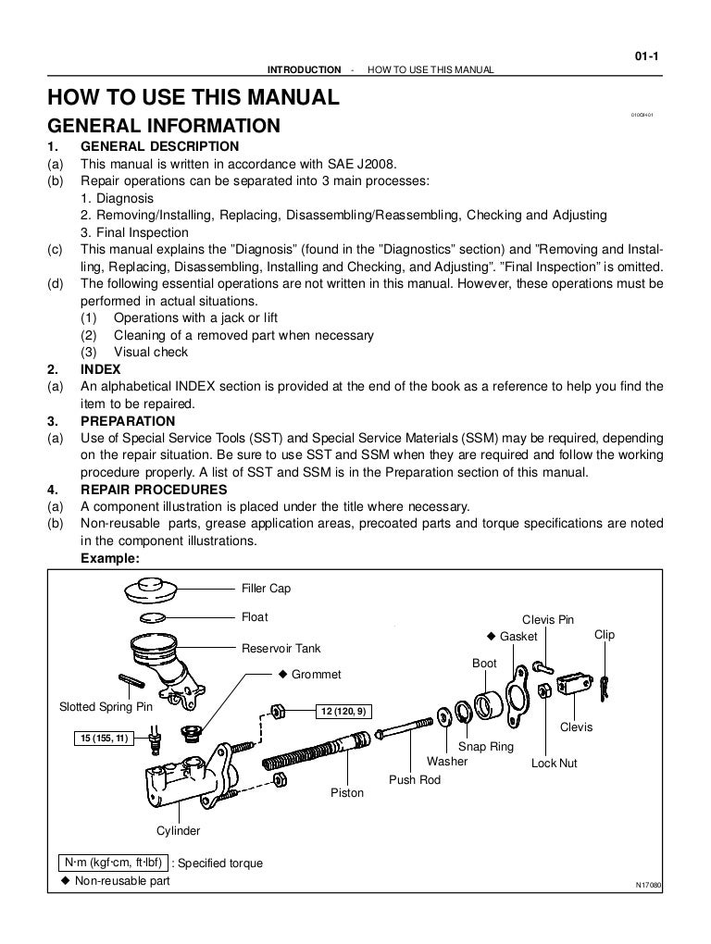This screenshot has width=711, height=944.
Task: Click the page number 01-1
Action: [646, 56]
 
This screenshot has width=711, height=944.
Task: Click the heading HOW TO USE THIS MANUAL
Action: [193, 97]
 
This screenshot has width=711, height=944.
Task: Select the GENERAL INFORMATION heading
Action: [164, 125]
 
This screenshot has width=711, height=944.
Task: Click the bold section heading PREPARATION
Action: [128, 421]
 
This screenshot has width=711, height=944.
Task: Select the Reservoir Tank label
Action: [281, 648]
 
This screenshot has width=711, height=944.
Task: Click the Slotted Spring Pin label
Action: [106, 707]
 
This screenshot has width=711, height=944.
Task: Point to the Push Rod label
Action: [415, 779]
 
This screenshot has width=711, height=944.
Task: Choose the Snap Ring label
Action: [486, 746]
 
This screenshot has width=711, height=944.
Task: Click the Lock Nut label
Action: [555, 764]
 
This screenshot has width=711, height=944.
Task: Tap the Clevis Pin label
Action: [548, 619]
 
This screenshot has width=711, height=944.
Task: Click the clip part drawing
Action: [605, 686]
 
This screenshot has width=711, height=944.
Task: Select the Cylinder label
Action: [178, 830]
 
